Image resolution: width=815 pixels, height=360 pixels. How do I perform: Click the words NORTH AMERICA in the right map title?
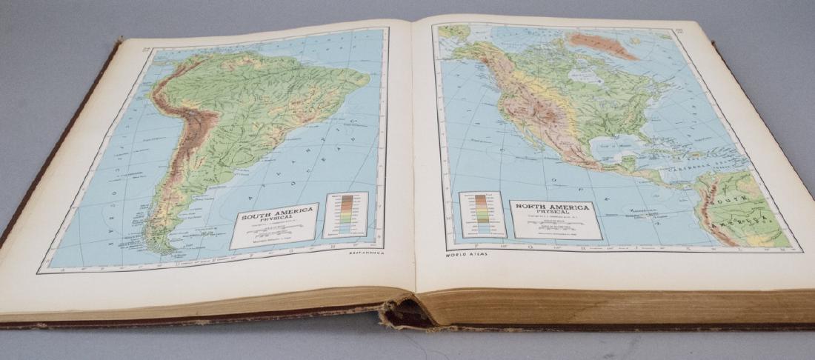tap(553, 207)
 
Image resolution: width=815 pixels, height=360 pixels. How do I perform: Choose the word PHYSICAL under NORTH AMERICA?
tap(553, 215)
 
